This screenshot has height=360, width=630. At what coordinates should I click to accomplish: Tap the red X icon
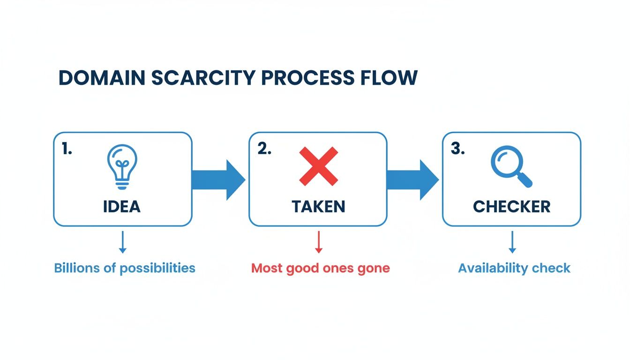tap(318, 165)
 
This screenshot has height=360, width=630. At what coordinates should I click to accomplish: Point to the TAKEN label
tap(318, 207)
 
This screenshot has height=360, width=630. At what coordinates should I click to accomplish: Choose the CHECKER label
tap(511, 207)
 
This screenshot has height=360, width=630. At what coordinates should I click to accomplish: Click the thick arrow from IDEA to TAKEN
tap(218, 180)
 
